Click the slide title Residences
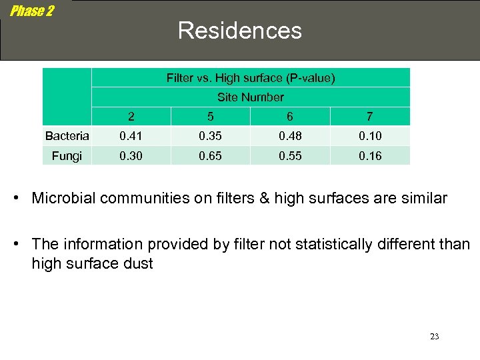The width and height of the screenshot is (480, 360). (x=239, y=31)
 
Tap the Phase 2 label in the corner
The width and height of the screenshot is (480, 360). (x=32, y=11)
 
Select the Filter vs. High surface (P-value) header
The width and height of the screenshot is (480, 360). (x=251, y=78)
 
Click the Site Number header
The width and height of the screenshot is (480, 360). (x=251, y=97)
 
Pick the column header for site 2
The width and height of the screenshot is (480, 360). (x=131, y=117)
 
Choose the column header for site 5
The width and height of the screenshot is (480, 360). (x=210, y=117)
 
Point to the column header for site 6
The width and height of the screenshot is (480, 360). (x=289, y=117)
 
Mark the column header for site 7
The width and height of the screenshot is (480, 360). (x=369, y=117)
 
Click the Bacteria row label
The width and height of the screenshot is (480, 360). (x=67, y=136)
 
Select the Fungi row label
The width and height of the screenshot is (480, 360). (x=67, y=155)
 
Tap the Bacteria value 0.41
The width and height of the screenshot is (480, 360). (x=131, y=136)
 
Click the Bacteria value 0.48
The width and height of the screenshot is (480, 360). (x=289, y=136)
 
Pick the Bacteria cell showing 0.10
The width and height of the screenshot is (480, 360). (x=370, y=136)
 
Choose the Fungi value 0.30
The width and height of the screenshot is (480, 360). (x=131, y=155)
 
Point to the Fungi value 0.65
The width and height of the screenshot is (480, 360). (x=210, y=155)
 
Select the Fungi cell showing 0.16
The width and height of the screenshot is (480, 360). (x=370, y=155)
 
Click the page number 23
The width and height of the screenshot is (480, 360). (x=435, y=337)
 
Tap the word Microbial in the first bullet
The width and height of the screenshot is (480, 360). (x=64, y=198)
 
